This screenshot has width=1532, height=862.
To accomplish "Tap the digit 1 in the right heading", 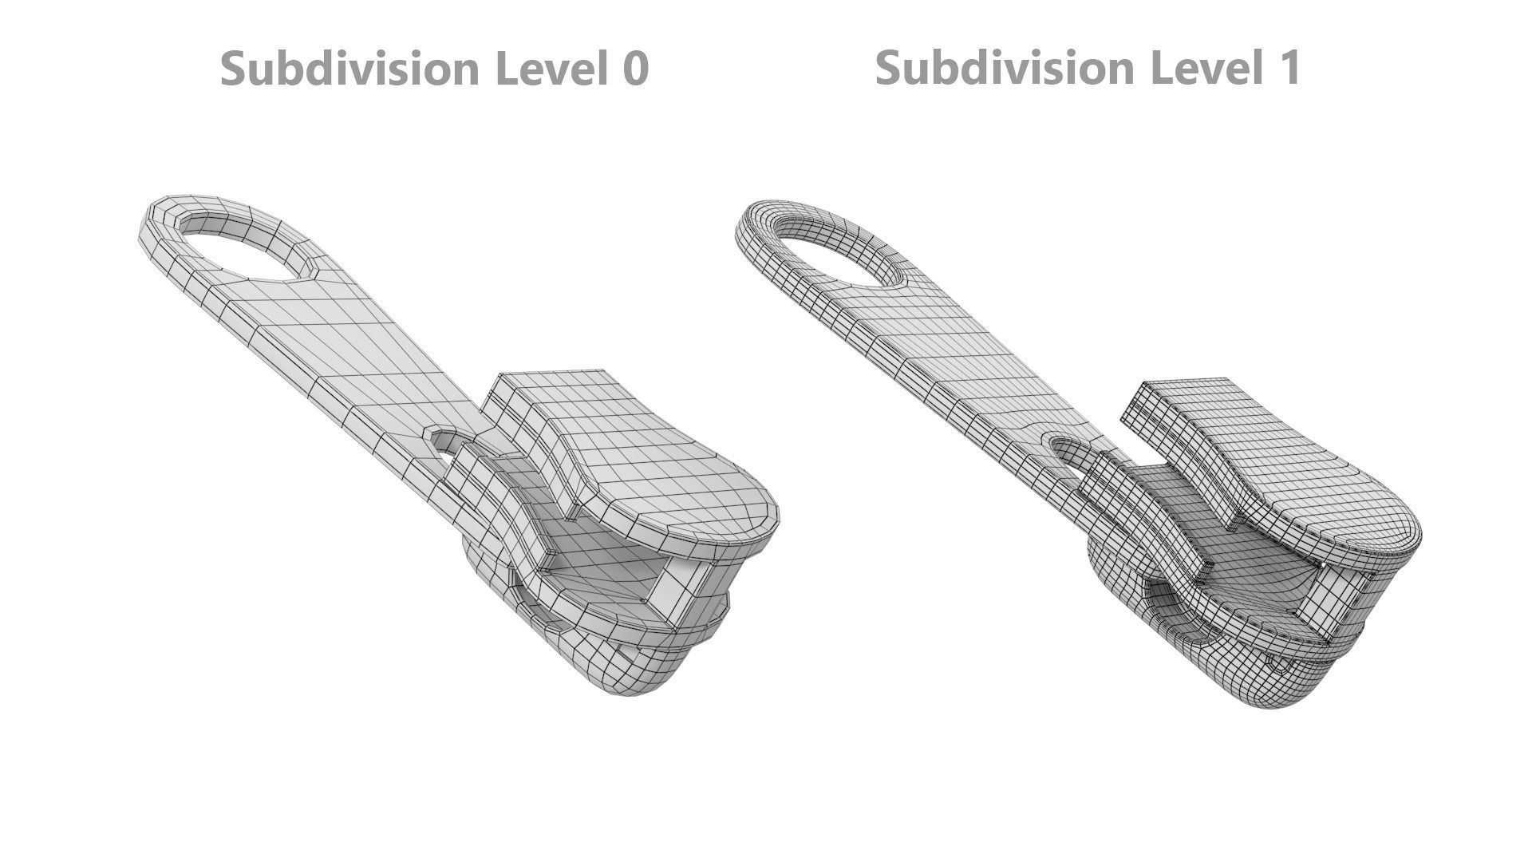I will (1289, 68).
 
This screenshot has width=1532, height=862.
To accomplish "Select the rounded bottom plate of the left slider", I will (630, 670).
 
